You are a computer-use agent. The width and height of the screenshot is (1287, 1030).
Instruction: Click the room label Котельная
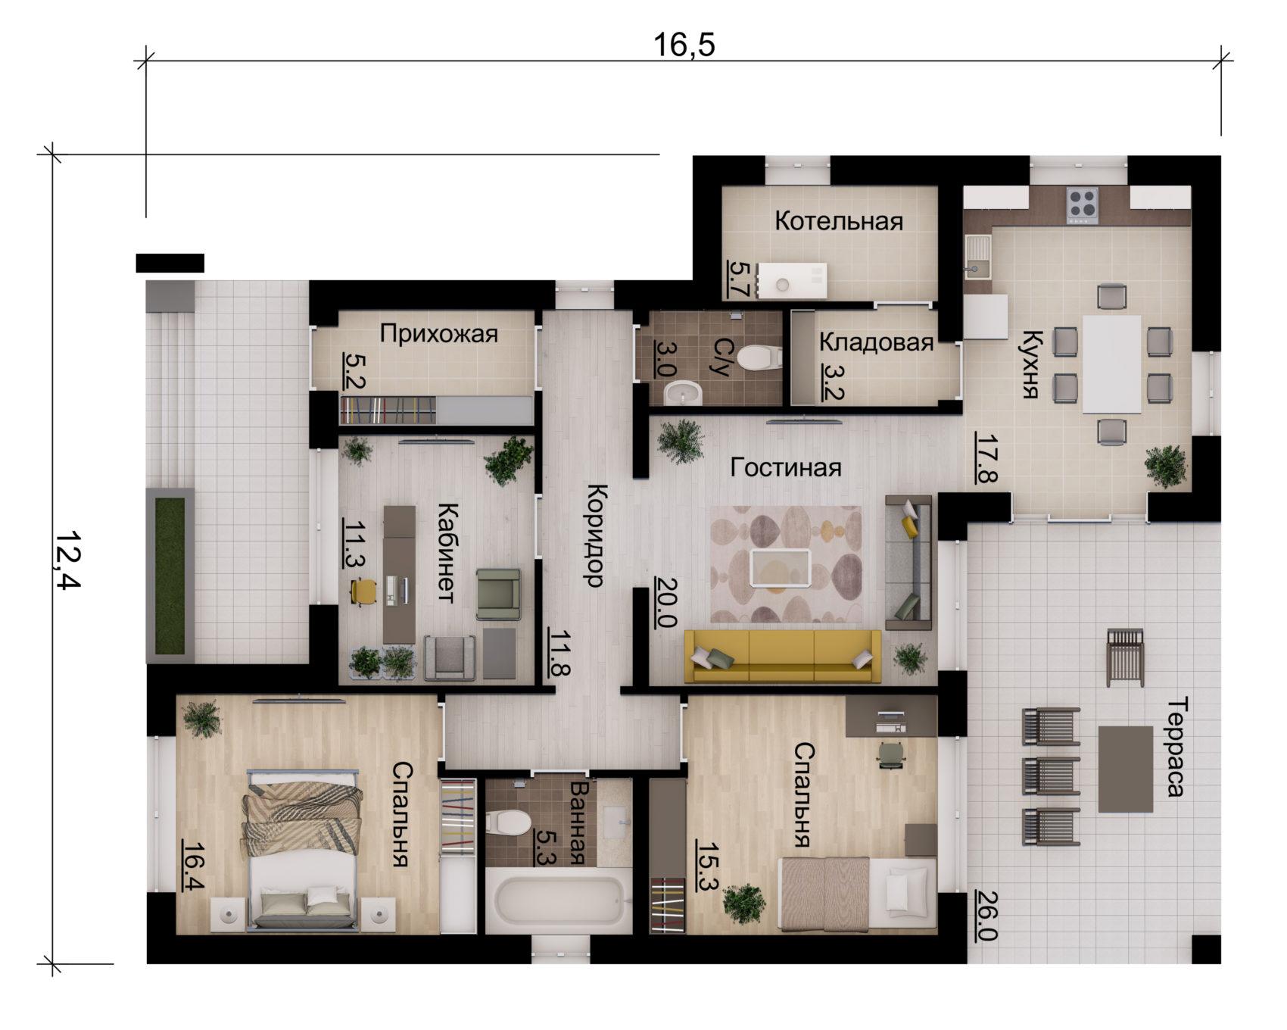(x=839, y=221)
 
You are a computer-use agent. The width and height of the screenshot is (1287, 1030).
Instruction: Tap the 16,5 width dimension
(x=684, y=45)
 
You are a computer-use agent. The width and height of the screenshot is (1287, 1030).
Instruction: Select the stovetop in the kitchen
(x=1083, y=205)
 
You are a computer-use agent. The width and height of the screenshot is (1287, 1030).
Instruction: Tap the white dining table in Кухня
(x=1111, y=364)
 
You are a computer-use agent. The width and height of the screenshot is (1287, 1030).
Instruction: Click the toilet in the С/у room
(x=759, y=357)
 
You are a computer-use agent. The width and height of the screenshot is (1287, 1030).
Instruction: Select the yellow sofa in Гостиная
(x=783, y=656)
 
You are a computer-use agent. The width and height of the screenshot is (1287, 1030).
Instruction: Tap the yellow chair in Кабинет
(x=364, y=591)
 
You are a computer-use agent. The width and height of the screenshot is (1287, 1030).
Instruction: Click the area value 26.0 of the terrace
(x=986, y=913)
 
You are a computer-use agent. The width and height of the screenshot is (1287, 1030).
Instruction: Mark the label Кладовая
(x=876, y=342)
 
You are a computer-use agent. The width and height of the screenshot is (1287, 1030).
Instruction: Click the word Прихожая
(x=439, y=333)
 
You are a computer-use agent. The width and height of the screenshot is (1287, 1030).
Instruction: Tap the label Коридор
(x=595, y=535)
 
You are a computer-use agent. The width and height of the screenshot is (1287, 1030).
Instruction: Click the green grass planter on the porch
(x=170, y=576)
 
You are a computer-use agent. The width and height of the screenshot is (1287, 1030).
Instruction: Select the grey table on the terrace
(x=1126, y=769)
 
